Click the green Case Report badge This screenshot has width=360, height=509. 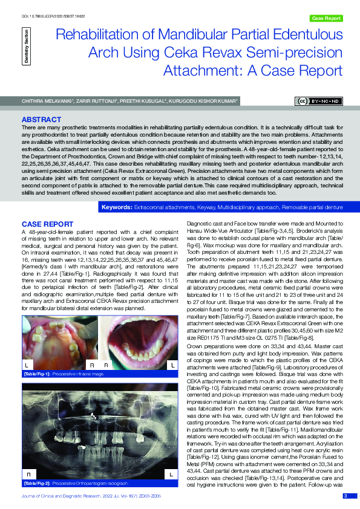point(326,18)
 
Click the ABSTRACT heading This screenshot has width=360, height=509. point(41,120)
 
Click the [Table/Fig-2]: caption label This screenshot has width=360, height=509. point(38,484)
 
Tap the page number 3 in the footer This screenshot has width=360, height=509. point(345,496)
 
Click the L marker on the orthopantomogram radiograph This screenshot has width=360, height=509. point(171,475)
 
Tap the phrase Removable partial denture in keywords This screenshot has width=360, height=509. point(316,207)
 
